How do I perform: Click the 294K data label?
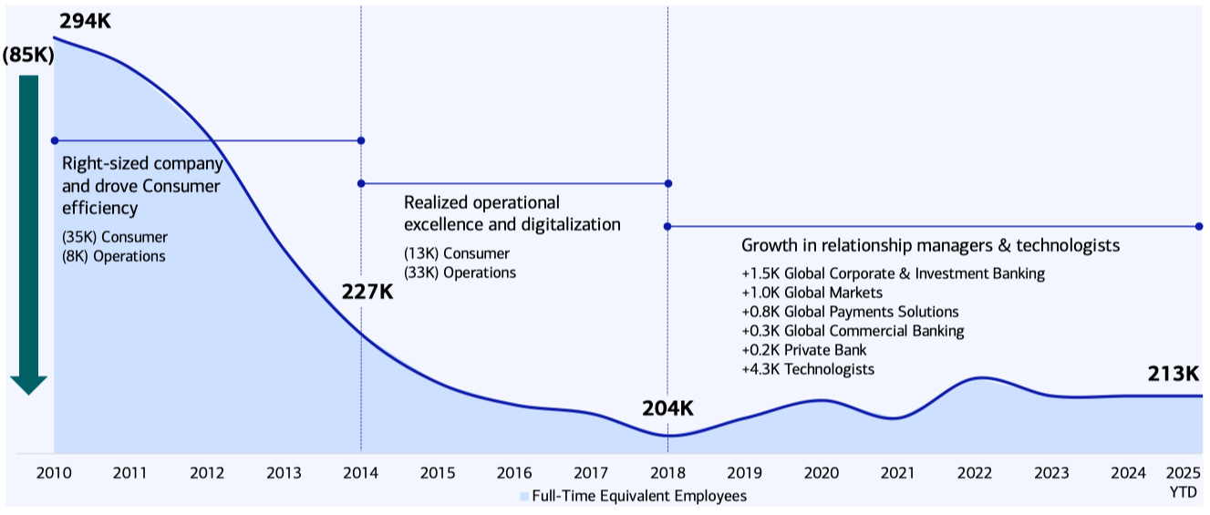click(x=85, y=22)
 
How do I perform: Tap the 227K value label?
click(x=367, y=292)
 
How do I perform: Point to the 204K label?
click(x=667, y=408)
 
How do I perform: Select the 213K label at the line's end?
click(x=1174, y=374)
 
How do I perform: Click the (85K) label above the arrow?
click(x=28, y=55)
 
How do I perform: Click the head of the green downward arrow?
click(x=28, y=385)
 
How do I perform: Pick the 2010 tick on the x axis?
click(x=54, y=473)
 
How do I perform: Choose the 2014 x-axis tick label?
click(x=361, y=473)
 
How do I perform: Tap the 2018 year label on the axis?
click(x=667, y=473)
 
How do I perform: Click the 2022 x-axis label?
click(x=975, y=473)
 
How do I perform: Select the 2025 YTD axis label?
click(x=1183, y=482)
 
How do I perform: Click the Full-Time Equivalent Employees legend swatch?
click(x=524, y=496)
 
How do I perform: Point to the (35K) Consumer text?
click(x=115, y=238)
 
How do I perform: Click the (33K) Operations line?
click(x=460, y=273)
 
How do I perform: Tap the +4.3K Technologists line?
click(x=808, y=369)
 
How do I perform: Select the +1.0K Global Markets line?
click(x=812, y=293)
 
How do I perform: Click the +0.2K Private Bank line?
click(x=804, y=350)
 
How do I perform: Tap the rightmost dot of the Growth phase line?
click(x=1199, y=227)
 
